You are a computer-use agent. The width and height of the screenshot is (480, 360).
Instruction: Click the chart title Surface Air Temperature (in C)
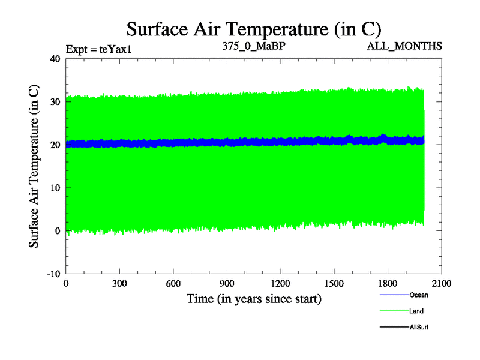(254, 28)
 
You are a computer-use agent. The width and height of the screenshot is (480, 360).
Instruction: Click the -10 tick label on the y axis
(54, 274)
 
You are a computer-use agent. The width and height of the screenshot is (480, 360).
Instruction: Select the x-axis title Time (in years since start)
(254, 298)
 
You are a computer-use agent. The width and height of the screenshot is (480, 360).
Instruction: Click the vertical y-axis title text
(35, 166)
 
